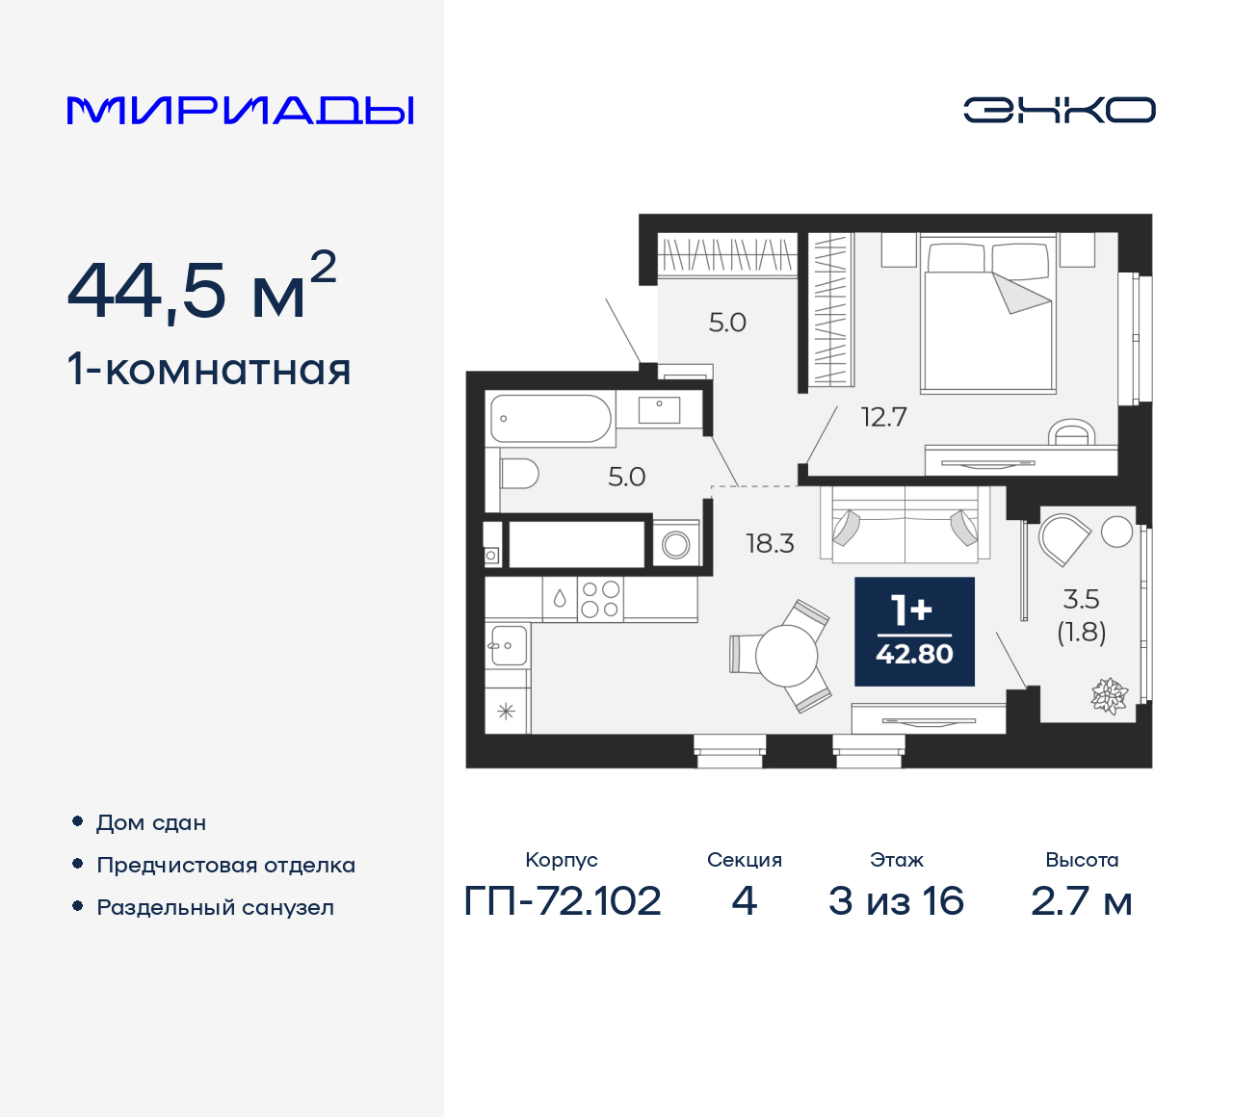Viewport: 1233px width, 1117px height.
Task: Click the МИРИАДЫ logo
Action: (241, 111)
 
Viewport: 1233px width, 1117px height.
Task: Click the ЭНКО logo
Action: (1059, 110)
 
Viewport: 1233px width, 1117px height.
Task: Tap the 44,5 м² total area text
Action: (201, 288)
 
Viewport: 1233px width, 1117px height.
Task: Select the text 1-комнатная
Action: (209, 370)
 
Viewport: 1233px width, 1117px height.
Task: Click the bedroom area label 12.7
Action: (883, 417)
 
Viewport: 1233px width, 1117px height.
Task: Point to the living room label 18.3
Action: (770, 544)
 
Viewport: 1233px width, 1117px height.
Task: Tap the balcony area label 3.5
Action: (1081, 599)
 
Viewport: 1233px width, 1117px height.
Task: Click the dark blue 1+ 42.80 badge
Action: (914, 632)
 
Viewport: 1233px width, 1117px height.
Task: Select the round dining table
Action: (786, 656)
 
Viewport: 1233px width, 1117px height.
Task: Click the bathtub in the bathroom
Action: (551, 419)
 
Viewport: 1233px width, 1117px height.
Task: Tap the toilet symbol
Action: (519, 474)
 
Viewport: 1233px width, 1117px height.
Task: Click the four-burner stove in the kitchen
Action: (599, 599)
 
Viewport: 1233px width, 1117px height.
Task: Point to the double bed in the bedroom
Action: (986, 318)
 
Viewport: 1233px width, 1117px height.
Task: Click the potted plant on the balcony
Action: (1109, 695)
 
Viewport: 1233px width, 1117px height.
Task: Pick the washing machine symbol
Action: (676, 545)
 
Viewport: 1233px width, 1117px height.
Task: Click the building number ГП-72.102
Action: (563, 901)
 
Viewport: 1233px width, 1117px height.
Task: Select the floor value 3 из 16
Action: (896, 901)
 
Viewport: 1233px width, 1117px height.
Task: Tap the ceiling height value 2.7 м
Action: (1081, 901)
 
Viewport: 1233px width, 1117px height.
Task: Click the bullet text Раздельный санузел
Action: (215, 907)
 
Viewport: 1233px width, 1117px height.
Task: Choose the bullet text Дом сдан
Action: (151, 822)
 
